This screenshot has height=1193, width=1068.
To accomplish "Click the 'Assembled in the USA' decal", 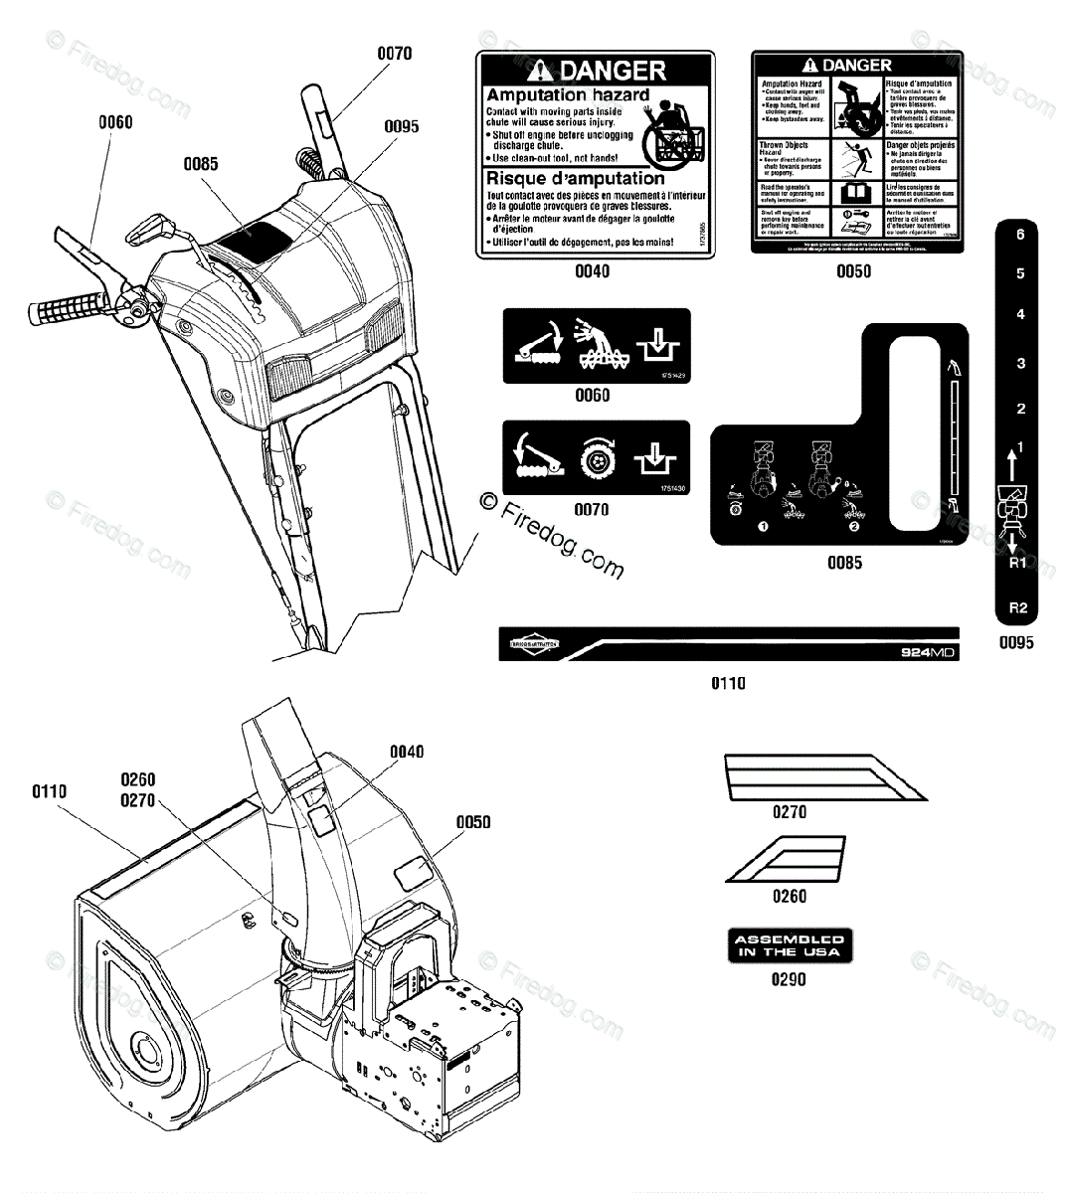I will tap(789, 945).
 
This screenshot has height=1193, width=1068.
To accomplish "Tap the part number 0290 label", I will tap(789, 979).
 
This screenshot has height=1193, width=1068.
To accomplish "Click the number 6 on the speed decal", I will tap(1020, 236).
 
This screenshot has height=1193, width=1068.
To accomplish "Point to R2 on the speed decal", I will tap(1017, 607).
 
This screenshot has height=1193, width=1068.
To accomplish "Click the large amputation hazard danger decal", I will tap(594, 154).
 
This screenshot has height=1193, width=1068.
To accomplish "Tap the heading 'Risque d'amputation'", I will tap(575, 179).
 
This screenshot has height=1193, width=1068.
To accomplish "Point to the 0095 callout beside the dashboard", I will tap(401, 126).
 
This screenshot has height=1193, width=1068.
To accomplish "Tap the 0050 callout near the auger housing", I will tap(473, 822).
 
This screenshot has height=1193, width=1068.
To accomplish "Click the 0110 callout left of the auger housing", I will tap(49, 791).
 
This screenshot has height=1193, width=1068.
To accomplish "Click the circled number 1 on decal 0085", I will tap(764, 526).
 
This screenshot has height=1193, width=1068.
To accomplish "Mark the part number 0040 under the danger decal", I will tap(593, 271).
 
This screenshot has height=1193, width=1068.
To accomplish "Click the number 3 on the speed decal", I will tap(1020, 363).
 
